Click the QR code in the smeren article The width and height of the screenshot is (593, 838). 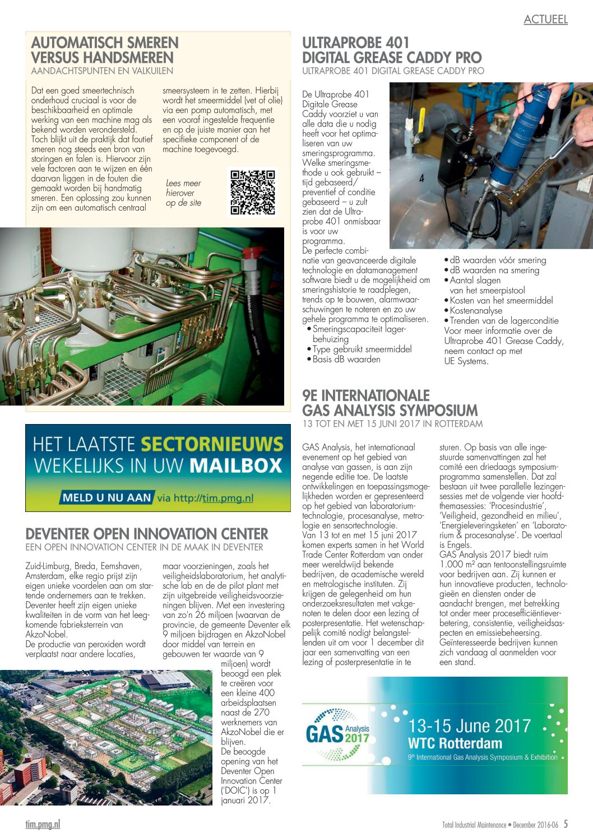253,192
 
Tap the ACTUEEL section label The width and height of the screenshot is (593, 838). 545,20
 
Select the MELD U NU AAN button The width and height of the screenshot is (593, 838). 106,497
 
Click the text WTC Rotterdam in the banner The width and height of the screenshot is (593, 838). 455,743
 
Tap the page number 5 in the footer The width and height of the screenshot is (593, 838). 566,824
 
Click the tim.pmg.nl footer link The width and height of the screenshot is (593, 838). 43,824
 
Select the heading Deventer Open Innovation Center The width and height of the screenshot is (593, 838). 147,533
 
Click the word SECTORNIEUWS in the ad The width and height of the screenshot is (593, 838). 212,444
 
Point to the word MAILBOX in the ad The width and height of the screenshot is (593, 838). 235,465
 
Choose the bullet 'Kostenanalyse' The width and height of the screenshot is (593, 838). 476,310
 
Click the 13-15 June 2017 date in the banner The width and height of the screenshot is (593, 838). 469,725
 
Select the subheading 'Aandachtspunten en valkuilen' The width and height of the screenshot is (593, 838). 102,71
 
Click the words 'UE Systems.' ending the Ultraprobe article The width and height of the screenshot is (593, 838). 466,361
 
